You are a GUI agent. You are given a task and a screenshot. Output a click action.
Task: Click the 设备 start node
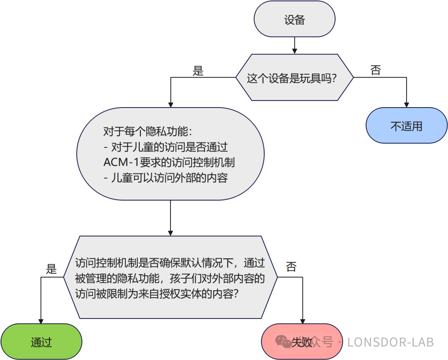[294, 20]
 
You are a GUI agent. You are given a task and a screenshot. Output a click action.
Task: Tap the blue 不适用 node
[407, 126]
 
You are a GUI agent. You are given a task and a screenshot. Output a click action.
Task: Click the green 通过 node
[41, 342]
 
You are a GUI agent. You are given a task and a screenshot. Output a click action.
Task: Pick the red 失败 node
[302, 342]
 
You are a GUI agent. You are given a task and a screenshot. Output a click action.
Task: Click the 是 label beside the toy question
[198, 71]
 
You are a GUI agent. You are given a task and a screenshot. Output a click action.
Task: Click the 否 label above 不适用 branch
[375, 70]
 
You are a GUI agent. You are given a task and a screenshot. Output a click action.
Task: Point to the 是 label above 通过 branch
[51, 269]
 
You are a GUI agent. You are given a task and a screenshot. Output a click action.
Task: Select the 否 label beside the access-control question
[291, 267]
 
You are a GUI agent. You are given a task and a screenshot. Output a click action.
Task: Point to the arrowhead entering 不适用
[407, 104]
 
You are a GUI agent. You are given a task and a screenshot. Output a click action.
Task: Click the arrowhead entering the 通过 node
[41, 321]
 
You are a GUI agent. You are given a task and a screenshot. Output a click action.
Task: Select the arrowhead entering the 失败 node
[302, 321]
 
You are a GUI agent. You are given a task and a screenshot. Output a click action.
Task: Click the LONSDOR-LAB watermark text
[390, 342]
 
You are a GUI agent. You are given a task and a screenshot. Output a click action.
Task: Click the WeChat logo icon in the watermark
[284, 342]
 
